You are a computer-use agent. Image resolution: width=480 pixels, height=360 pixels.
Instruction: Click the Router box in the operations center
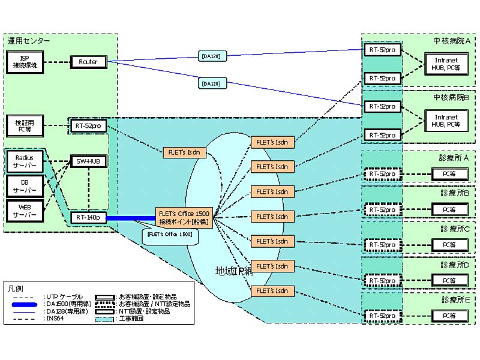click(x=88, y=62)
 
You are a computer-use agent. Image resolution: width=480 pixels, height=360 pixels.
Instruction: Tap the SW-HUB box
click(x=88, y=160)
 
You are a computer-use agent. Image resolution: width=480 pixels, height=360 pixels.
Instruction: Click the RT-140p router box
click(x=88, y=217)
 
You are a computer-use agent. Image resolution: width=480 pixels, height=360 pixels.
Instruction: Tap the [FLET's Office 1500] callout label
click(x=170, y=235)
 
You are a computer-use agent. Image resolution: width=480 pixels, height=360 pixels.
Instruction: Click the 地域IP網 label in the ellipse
click(x=235, y=271)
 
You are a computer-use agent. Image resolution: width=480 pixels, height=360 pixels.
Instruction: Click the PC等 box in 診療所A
click(x=450, y=174)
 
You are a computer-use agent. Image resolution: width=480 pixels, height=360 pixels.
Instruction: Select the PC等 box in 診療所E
click(x=450, y=316)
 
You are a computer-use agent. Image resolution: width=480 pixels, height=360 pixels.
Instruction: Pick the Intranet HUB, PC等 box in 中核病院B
click(x=443, y=121)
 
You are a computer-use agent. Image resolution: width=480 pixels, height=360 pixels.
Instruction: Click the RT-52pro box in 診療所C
click(x=383, y=245)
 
